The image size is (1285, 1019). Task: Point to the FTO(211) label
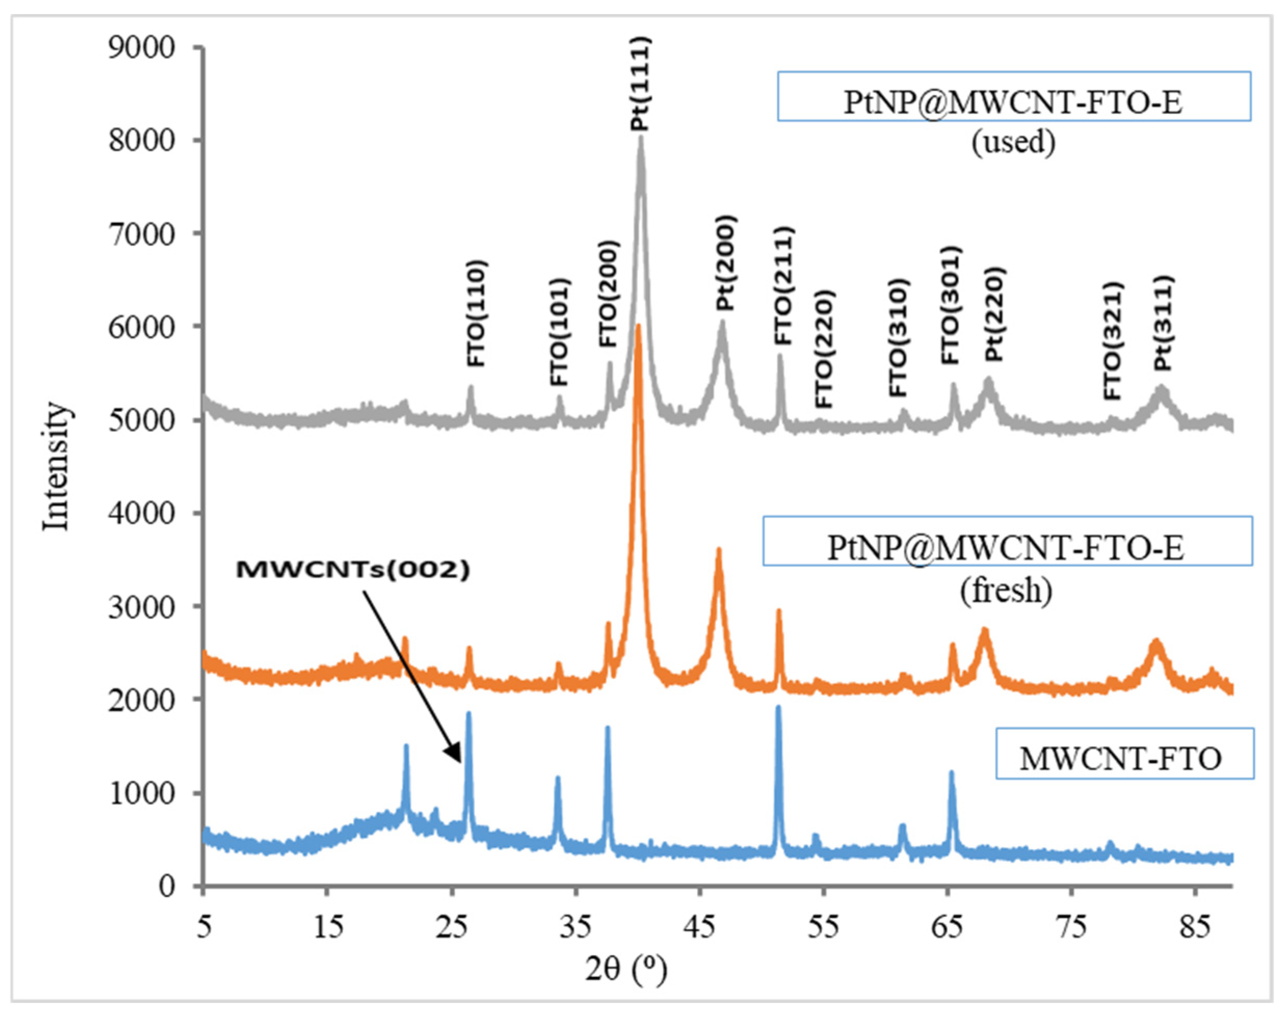(784, 286)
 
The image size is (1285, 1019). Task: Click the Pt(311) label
(1163, 323)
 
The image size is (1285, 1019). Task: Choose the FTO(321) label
(1113, 341)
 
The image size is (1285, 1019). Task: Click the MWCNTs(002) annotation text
(353, 570)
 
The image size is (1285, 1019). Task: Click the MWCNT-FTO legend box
(1124, 753)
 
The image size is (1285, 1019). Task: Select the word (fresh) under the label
(1006, 591)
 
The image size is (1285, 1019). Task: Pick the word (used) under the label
(1013, 142)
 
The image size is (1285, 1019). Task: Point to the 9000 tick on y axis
(141, 48)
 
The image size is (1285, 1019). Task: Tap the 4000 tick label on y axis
(141, 513)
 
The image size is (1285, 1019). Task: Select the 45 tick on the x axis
(701, 927)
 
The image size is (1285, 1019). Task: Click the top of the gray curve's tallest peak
(641, 138)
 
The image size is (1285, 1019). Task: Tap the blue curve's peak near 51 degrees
(778, 708)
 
